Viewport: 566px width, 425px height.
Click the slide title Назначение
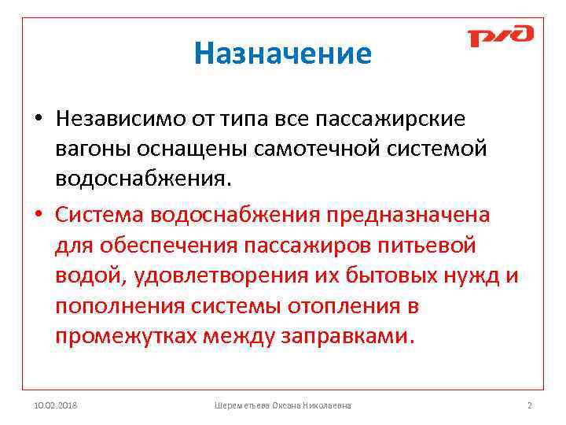pyautogui.click(x=282, y=54)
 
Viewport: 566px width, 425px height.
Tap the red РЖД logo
pyautogui.click(x=500, y=36)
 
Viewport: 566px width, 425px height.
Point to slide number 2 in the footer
pyautogui.click(x=529, y=405)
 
